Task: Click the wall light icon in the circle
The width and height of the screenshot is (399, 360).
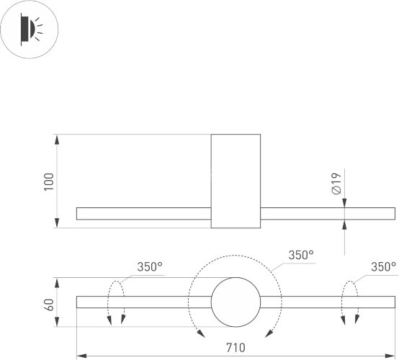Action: click(30, 30)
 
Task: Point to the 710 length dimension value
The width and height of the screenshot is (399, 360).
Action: click(235, 348)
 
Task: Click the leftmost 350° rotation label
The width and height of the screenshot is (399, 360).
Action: click(150, 266)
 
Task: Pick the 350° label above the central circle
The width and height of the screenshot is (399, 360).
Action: click(301, 255)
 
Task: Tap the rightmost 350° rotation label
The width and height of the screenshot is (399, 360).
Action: click(383, 266)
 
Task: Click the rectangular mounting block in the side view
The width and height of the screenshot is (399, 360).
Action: click(235, 181)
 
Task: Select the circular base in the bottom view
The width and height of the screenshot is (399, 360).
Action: click(235, 301)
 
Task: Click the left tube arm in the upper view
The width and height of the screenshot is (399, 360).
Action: click(143, 213)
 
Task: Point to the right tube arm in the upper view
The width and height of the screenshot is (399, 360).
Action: click(327, 213)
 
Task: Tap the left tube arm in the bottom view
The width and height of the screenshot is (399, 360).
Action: click(143, 302)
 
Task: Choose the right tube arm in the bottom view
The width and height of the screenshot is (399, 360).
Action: click(327, 302)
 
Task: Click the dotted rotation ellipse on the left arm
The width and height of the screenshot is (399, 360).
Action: click(115, 302)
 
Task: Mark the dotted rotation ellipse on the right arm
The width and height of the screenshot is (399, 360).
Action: click(349, 302)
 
